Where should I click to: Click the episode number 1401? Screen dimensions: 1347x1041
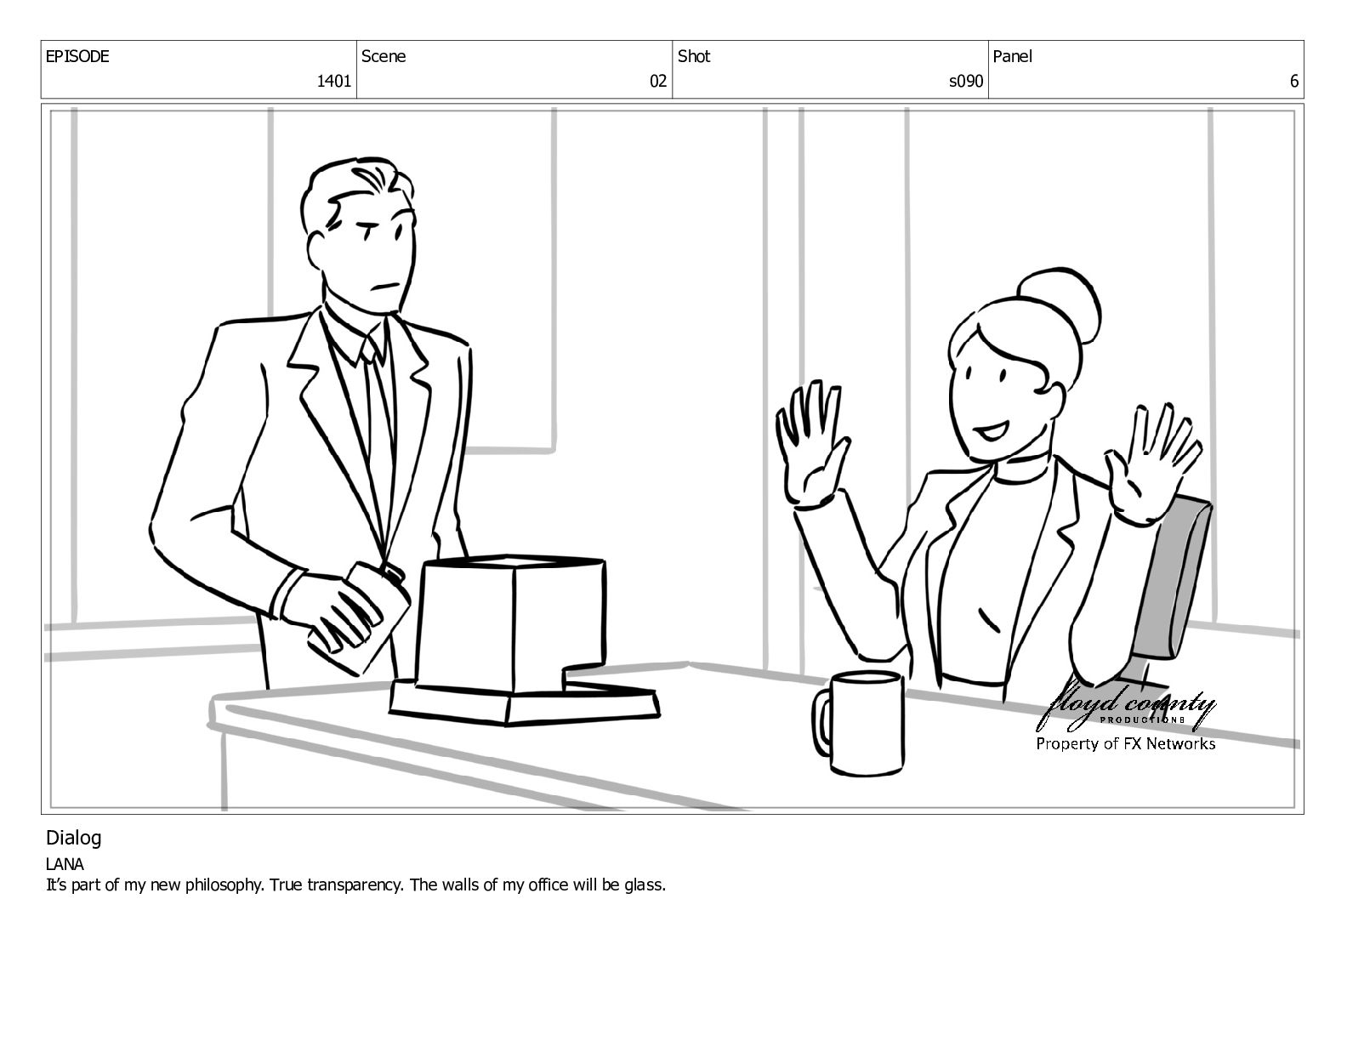pyautogui.click(x=333, y=81)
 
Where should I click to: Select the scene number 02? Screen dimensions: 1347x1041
pyautogui.click(x=657, y=81)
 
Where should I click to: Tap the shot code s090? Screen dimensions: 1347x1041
pyautogui.click(x=966, y=81)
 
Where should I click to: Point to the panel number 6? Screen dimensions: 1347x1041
pyautogui.click(x=1293, y=81)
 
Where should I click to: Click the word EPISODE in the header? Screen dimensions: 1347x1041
pyautogui.click(x=77, y=56)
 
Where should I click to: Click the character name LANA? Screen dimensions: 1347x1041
pyautogui.click(x=65, y=864)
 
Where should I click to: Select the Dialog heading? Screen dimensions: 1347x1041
pyautogui.click(x=73, y=839)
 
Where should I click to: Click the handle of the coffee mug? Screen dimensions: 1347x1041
pyautogui.click(x=822, y=723)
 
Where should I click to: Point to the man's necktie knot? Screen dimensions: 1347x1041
pyautogui.click(x=370, y=349)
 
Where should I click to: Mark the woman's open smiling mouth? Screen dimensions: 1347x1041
pyautogui.click(x=992, y=429)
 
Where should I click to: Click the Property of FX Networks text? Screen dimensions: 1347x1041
pyautogui.click(x=1126, y=744)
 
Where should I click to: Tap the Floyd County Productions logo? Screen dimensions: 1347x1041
pyautogui.click(x=1125, y=708)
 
